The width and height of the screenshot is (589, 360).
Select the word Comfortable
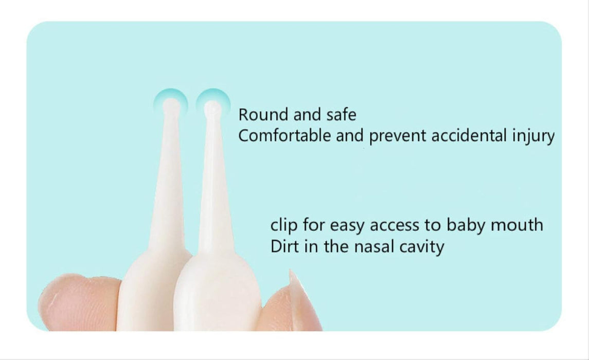coord(284,136)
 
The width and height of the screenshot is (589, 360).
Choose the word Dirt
coord(285,246)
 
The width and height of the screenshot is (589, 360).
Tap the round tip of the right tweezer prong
coord(212,108)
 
